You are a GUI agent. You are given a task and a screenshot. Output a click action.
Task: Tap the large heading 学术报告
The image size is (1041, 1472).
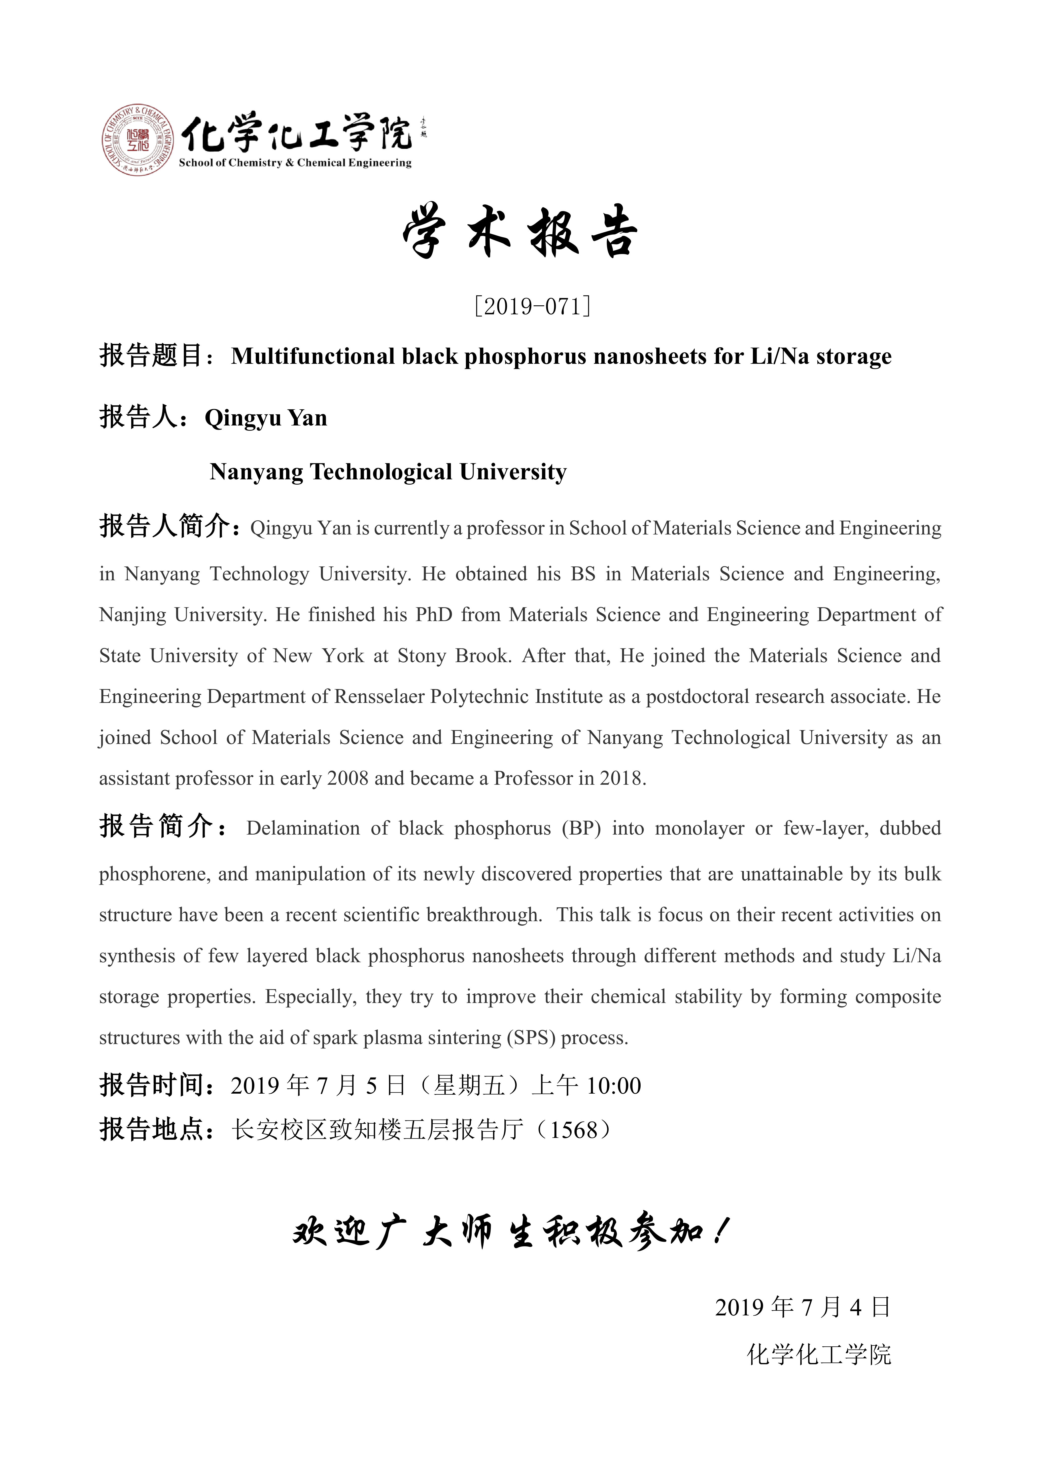pyautogui.click(x=519, y=232)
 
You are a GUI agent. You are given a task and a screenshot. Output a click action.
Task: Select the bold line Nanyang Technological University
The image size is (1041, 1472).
pyautogui.click(x=388, y=472)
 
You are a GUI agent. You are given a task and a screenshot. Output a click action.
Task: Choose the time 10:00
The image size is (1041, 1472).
pyautogui.click(x=614, y=1085)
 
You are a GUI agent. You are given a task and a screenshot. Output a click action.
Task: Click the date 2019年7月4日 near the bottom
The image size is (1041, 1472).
pyautogui.click(x=803, y=1307)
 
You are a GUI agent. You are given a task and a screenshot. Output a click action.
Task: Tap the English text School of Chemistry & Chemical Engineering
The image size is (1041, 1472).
pyautogui.click(x=295, y=163)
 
